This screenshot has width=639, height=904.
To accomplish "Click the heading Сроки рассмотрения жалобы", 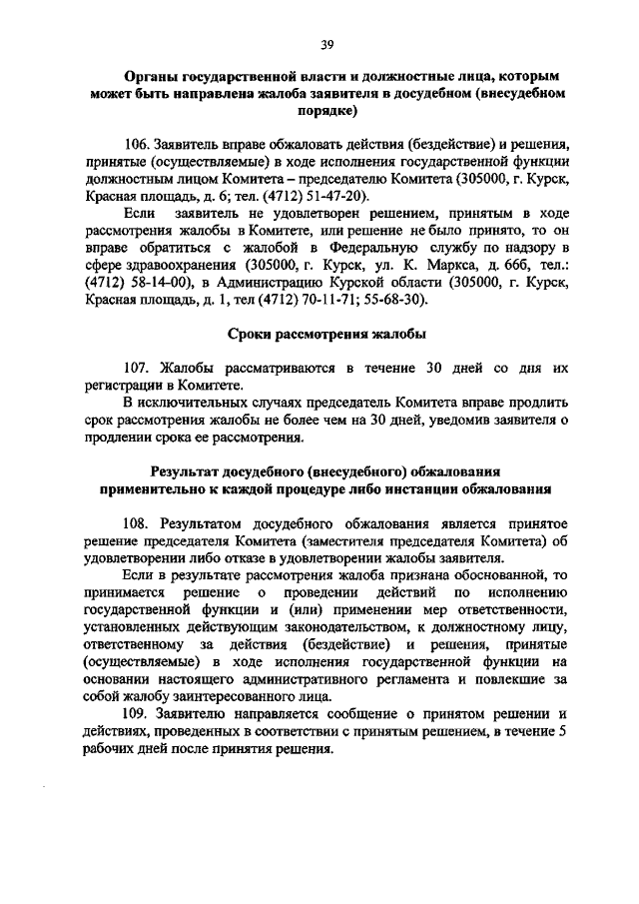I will point(325,334).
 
